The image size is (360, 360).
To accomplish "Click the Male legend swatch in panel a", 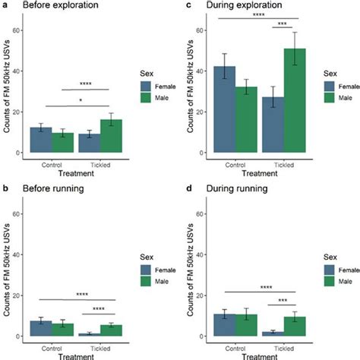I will pyautogui.click(x=148, y=97).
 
